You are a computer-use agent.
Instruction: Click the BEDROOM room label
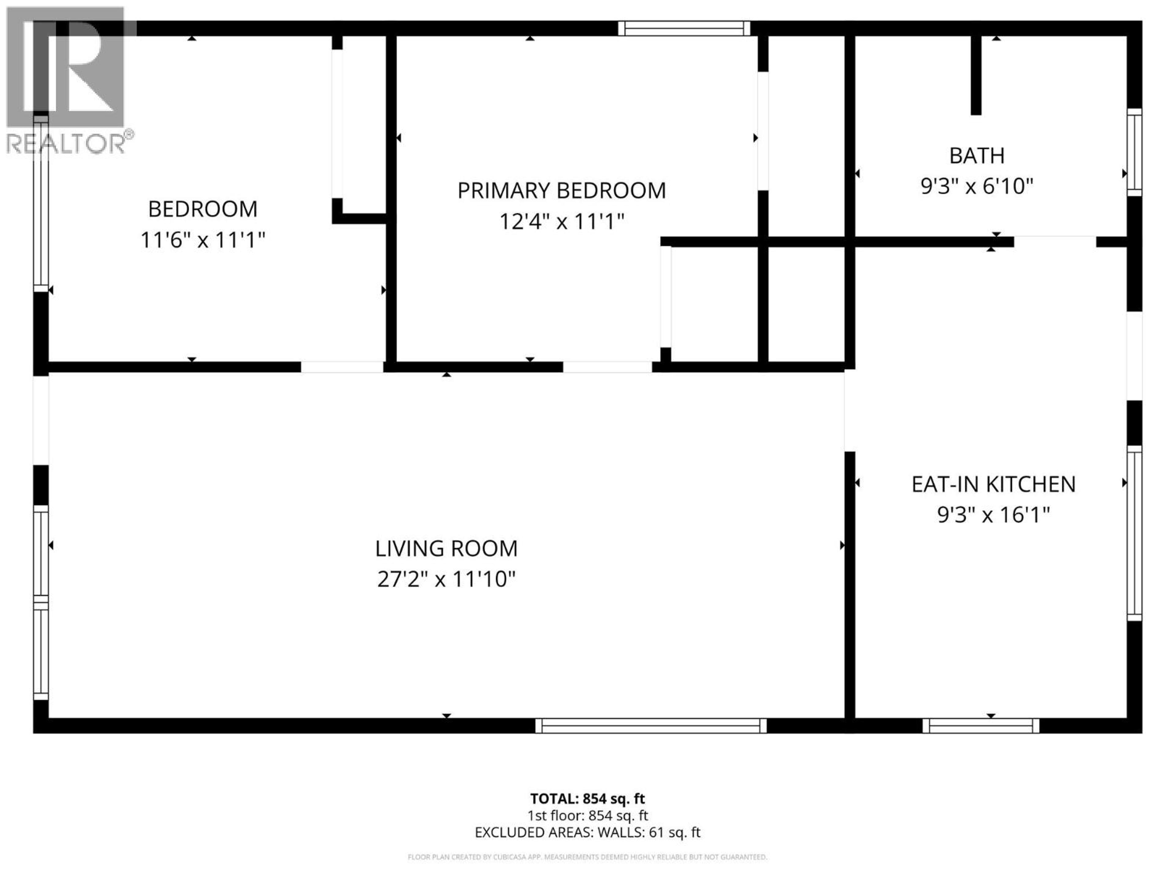pos(202,209)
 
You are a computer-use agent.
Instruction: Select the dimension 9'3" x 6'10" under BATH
pos(976,186)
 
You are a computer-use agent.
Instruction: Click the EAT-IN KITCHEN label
pos(993,484)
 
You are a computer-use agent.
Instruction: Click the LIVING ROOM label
pos(446,548)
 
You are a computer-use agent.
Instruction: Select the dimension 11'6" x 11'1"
pos(202,240)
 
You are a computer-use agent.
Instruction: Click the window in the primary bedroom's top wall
pos(684,28)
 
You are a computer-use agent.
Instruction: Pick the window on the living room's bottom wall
pos(651,725)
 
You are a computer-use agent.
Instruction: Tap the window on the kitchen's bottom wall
pos(981,725)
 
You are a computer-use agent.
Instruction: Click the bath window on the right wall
pos(1134,152)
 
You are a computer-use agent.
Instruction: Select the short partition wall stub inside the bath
pos(976,74)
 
